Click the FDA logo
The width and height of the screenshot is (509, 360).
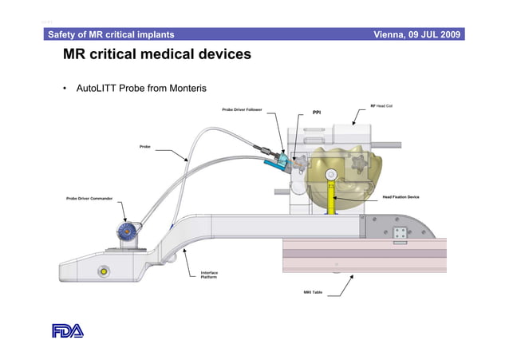(67, 330)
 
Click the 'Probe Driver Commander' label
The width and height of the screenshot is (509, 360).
(88, 198)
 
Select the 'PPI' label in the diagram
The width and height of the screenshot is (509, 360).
(317, 113)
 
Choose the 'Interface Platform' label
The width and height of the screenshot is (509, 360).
(209, 275)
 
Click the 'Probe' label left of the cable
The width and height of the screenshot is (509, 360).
(145, 147)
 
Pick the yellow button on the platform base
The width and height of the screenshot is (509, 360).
(104, 271)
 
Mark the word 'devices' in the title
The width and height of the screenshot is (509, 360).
(218, 55)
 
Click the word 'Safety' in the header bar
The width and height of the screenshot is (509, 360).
(65, 34)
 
